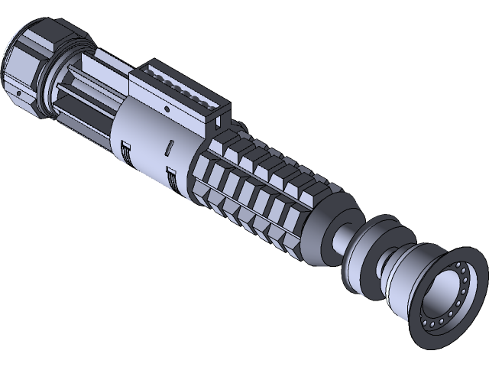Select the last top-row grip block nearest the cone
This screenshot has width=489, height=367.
294,183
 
